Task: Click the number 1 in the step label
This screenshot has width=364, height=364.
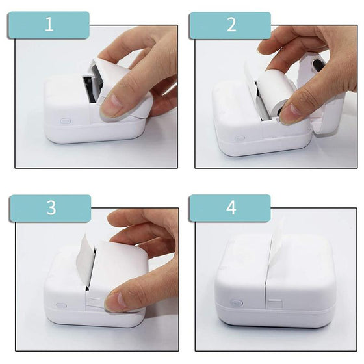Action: click(x=48, y=25)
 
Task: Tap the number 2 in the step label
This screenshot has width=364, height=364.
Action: click(x=230, y=25)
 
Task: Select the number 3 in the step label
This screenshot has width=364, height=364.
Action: click(x=50, y=208)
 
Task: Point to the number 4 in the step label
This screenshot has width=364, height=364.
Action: click(x=230, y=208)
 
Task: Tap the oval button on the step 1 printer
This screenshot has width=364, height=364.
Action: click(x=64, y=120)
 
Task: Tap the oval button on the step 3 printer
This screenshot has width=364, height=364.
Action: click(x=61, y=305)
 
